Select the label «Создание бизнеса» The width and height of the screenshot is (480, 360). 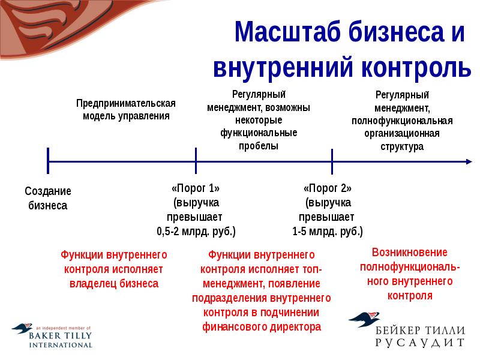click(48, 199)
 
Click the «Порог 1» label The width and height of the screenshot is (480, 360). click(196, 187)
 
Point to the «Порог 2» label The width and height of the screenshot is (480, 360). click(328, 187)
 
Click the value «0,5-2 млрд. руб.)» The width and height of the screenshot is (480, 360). click(196, 231)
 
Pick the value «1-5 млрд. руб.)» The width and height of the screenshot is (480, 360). click(328, 231)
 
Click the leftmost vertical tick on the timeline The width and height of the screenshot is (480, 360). click(48, 161)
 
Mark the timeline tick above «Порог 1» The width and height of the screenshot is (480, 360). click(196, 161)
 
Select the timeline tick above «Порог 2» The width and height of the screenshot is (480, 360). click(332, 161)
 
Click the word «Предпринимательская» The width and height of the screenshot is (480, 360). click(126, 103)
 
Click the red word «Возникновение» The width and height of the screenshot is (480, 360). click(410, 253)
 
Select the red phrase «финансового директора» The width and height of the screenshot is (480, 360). click(262, 327)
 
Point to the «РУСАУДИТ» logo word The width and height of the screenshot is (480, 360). click(420, 342)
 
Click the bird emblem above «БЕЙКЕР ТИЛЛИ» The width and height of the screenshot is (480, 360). click(365, 320)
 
